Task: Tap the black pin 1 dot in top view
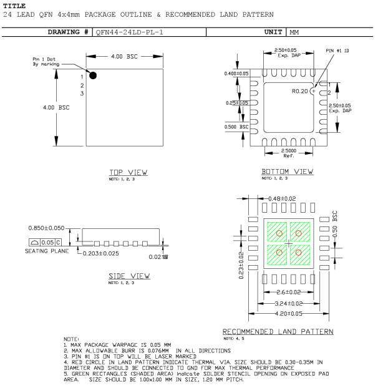(x=93, y=75)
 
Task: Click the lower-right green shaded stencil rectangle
(x=299, y=253)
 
